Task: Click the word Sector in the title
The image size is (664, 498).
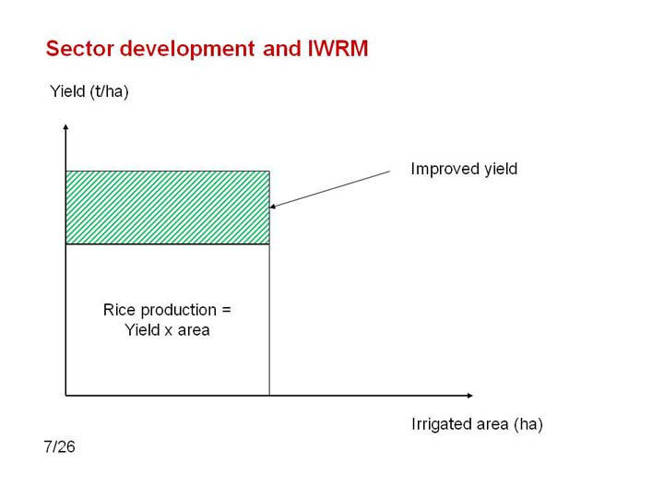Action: point(80,48)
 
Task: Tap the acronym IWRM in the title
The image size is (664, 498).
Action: point(338,48)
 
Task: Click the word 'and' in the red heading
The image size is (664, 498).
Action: point(280,48)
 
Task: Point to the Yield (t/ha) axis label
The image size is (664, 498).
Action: point(89,91)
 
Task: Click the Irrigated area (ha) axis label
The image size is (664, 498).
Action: point(477,424)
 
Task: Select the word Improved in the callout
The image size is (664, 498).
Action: point(445,169)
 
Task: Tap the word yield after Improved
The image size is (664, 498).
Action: point(501,169)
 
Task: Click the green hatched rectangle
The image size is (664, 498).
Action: point(168,207)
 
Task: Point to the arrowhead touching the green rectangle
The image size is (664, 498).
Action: point(273,207)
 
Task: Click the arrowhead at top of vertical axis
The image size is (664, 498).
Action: point(65,126)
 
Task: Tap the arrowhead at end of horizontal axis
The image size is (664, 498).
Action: point(469,396)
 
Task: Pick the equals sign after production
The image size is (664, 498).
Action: point(227,311)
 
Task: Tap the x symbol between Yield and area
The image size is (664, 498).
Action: point(169,331)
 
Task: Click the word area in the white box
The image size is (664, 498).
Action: point(194,331)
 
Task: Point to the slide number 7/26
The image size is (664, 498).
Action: point(59,446)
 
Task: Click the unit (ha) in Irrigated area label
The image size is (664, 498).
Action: point(528,424)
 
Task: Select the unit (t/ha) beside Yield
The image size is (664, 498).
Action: point(109,92)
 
